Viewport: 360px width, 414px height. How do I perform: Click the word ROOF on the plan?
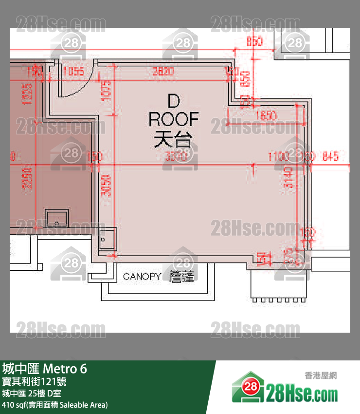pos(174,119)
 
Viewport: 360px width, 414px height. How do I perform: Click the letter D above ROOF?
pos(173,101)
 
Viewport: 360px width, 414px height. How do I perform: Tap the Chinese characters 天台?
pos(173,140)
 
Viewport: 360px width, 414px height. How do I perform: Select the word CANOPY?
pos(142,277)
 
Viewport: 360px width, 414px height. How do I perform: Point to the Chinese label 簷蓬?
pos(181,277)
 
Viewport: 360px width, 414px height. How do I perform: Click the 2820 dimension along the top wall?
pos(163,72)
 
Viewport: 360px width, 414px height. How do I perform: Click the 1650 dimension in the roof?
pos(266,116)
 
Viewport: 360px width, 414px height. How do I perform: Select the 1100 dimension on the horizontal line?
pos(278,157)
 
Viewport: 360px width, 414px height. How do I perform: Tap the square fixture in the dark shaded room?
pos(57,219)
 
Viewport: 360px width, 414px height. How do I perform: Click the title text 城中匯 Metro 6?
pos(45,369)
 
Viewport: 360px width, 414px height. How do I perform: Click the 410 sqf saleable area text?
pos(55,405)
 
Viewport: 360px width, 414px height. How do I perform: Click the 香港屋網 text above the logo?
pos(321,375)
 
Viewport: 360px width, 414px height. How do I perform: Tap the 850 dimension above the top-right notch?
pos(254,42)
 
